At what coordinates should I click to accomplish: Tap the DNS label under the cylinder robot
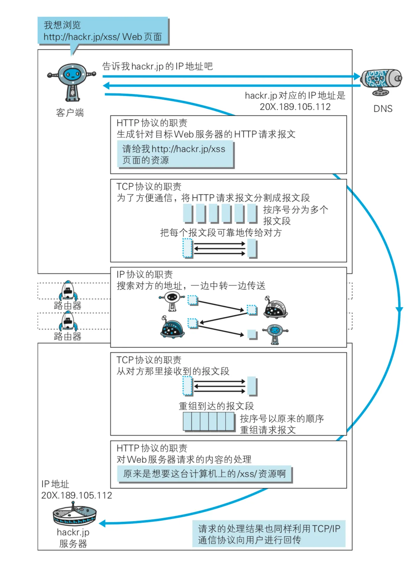(x=383, y=109)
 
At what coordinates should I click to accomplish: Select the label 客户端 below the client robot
(x=70, y=113)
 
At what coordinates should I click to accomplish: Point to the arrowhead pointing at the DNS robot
(x=357, y=77)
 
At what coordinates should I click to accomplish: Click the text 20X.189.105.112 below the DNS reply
(x=295, y=107)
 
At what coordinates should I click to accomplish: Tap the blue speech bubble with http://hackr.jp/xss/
(x=103, y=31)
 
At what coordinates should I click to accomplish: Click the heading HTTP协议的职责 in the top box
(x=152, y=123)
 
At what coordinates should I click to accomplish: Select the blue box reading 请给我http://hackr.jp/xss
(x=175, y=155)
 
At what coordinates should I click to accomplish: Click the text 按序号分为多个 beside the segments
(x=295, y=210)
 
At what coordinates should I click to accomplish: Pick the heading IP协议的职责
(x=145, y=275)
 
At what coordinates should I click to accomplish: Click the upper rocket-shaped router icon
(x=68, y=290)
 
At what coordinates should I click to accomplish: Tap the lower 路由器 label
(x=68, y=337)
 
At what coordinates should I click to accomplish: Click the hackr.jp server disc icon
(x=74, y=514)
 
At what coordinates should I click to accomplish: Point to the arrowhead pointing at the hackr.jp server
(x=102, y=524)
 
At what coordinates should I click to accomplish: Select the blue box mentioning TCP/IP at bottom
(x=269, y=534)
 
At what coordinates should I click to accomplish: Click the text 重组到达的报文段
(x=216, y=406)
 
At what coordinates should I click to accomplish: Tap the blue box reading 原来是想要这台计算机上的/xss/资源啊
(x=204, y=474)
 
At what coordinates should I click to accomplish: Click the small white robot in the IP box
(x=172, y=300)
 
